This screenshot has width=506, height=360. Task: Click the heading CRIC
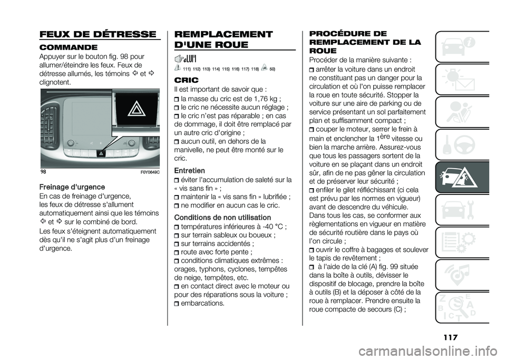coord(182,80)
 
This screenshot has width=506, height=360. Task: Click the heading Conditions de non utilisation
coord(219,218)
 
